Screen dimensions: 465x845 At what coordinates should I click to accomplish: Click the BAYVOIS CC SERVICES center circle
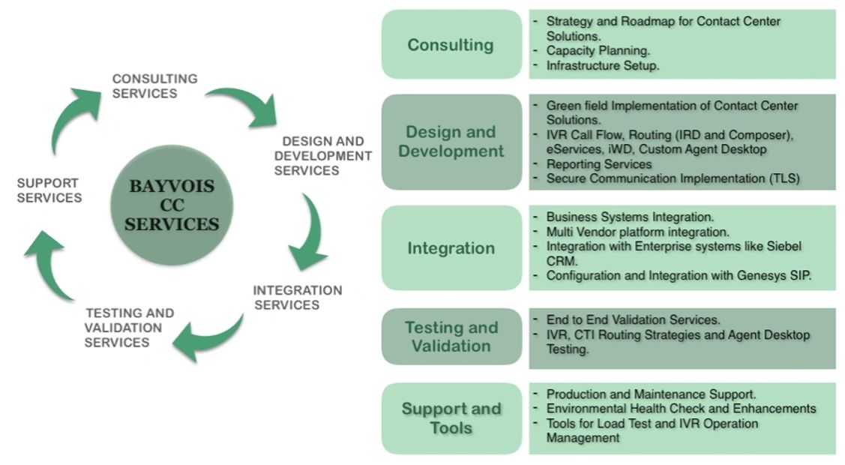coord(172,205)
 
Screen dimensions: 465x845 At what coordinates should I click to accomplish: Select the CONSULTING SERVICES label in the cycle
coord(154,86)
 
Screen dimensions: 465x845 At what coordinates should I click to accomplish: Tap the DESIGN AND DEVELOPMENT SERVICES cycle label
coord(322,156)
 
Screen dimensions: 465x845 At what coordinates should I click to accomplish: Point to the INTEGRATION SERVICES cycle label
coord(297,298)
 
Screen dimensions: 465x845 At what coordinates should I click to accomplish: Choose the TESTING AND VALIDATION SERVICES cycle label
coord(129,328)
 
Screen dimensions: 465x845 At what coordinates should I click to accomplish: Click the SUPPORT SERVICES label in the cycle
coord(49,190)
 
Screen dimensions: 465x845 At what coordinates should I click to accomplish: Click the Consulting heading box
coord(451,45)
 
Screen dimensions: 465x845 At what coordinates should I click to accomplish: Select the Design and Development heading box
coord(451,142)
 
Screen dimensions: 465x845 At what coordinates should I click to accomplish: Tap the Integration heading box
coord(451,248)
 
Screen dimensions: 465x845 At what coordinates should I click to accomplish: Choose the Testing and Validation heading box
coord(451,337)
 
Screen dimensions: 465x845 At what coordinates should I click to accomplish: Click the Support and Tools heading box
coord(451,418)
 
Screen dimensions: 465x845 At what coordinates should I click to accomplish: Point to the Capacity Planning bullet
coord(598,51)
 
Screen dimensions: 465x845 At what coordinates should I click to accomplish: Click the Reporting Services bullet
coord(598,164)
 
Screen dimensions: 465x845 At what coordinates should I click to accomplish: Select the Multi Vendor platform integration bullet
coord(637,232)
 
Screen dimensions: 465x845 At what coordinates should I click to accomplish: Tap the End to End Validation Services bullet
coord(633,320)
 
